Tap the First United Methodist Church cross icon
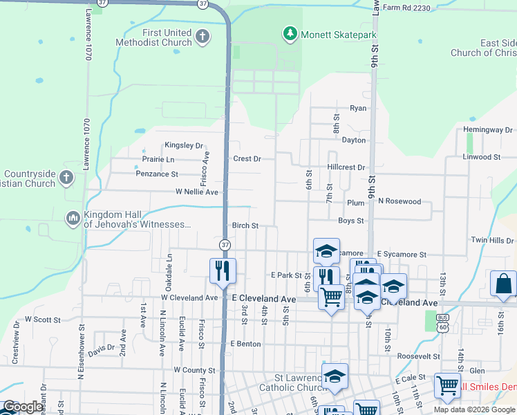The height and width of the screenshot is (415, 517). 202,36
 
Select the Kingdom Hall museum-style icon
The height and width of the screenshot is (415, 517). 73,219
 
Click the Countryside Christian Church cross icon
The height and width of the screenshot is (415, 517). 66,178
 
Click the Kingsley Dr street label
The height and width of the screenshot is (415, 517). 183,146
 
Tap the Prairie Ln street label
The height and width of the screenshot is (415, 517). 158,159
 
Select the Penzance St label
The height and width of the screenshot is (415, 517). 157,174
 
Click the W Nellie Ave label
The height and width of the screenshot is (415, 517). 197,192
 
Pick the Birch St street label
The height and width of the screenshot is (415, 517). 245,225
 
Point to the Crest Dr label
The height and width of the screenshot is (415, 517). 247,158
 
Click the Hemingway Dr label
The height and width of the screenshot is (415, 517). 488,129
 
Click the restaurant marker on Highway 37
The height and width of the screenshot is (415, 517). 223,270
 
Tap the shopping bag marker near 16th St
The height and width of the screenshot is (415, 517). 503,284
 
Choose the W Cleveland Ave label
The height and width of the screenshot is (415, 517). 189,297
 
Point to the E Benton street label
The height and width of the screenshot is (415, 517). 245,343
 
